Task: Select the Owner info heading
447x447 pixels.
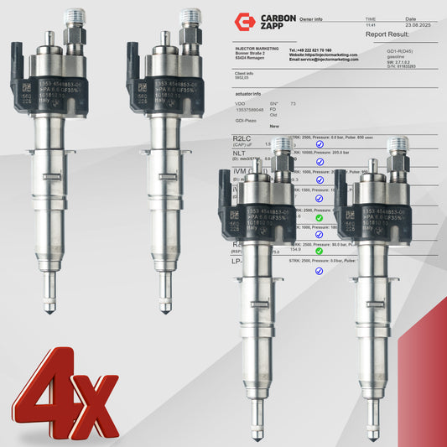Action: (312, 17)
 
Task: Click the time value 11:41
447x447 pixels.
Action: (370, 25)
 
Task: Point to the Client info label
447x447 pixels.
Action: (247, 73)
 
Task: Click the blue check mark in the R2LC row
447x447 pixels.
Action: (319, 144)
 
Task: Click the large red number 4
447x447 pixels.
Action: (50, 394)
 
